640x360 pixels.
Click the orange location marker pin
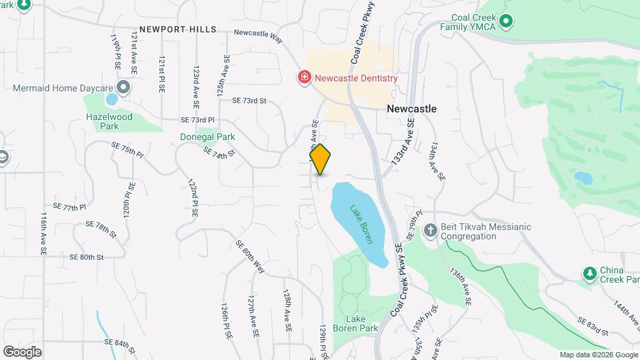pyautogui.click(x=321, y=159)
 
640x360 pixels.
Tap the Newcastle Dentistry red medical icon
pyautogui.click(x=305, y=77)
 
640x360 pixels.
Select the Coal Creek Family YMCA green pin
pyautogui.click(x=505, y=21)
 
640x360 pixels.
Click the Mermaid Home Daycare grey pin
pyautogui.click(x=123, y=88)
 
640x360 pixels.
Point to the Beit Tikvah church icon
pyautogui.click(x=430, y=231)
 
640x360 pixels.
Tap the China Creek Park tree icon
pyautogui.click(x=589, y=273)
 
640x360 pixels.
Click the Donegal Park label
pyautogui.click(x=208, y=137)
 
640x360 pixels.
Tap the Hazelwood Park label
pyautogui.click(x=110, y=121)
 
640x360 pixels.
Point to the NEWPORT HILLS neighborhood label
pyautogui.click(x=174, y=29)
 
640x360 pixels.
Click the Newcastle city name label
pyautogui.click(x=412, y=108)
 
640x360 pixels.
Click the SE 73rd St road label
pyautogui.click(x=249, y=101)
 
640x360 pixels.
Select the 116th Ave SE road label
pyautogui.click(x=43, y=235)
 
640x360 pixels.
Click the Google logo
pyautogui.click(x=22, y=351)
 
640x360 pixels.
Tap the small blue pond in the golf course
pyautogui.click(x=583, y=178)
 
